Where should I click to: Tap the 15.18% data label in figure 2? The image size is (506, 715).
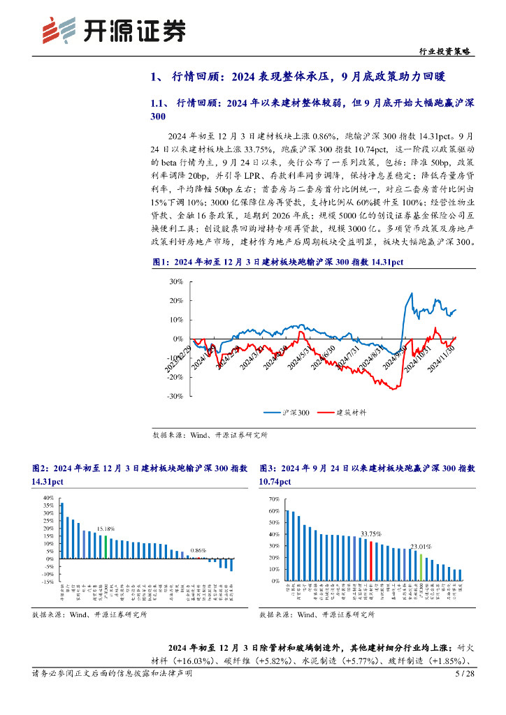click(x=106, y=529)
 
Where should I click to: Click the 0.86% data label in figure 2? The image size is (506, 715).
click(x=199, y=550)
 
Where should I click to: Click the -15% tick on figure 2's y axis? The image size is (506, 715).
click(x=47, y=581)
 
